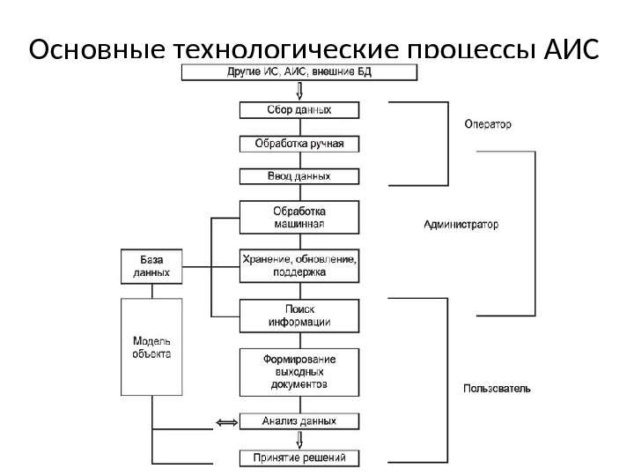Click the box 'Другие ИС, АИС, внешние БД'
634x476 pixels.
coord(299,71)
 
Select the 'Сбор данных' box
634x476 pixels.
coord(299,110)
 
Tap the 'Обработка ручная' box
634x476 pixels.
coord(299,143)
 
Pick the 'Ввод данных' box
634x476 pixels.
coord(299,176)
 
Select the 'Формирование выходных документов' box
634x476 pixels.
coord(299,372)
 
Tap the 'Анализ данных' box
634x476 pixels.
coord(299,421)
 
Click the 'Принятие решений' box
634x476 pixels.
coord(299,457)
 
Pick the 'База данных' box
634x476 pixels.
coord(151,267)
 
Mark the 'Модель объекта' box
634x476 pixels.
coord(151,347)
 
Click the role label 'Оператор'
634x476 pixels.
coord(487,125)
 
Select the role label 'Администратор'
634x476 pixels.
coord(461,225)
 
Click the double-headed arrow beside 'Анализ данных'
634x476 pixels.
coord(226,423)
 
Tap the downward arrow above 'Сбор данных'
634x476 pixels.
coord(300,91)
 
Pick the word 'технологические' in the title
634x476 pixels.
coord(261,52)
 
